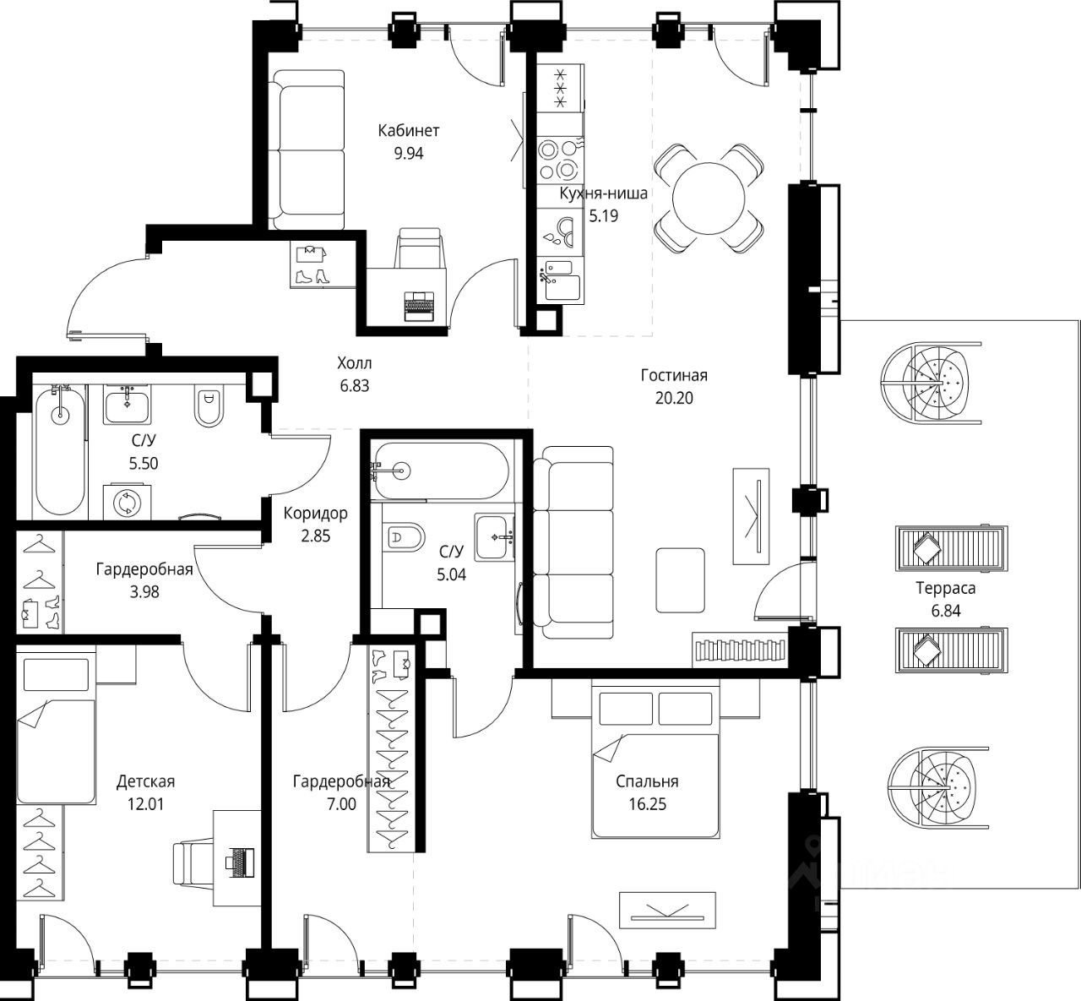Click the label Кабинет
pyautogui.click(x=408, y=130)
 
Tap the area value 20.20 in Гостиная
pyautogui.click(x=674, y=398)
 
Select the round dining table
pyautogui.click(x=709, y=199)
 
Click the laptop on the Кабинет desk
pyautogui.click(x=419, y=306)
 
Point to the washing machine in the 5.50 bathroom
pyautogui.click(x=128, y=502)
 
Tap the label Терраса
pyautogui.click(x=946, y=588)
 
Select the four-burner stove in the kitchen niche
pyautogui.click(x=560, y=160)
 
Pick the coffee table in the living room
pyautogui.click(x=681, y=580)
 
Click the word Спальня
pyautogui.click(x=647, y=781)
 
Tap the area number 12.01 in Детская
pyautogui.click(x=145, y=804)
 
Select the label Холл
pyautogui.click(x=355, y=362)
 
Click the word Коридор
pyautogui.click(x=316, y=513)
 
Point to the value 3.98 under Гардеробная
pyautogui.click(x=144, y=591)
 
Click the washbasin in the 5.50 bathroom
pyautogui.click(x=128, y=405)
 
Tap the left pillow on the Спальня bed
pyautogui.click(x=626, y=709)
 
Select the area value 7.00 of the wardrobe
pyautogui.click(x=341, y=804)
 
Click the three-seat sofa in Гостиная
pyautogui.click(x=573, y=542)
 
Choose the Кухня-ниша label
pyautogui.click(x=603, y=193)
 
